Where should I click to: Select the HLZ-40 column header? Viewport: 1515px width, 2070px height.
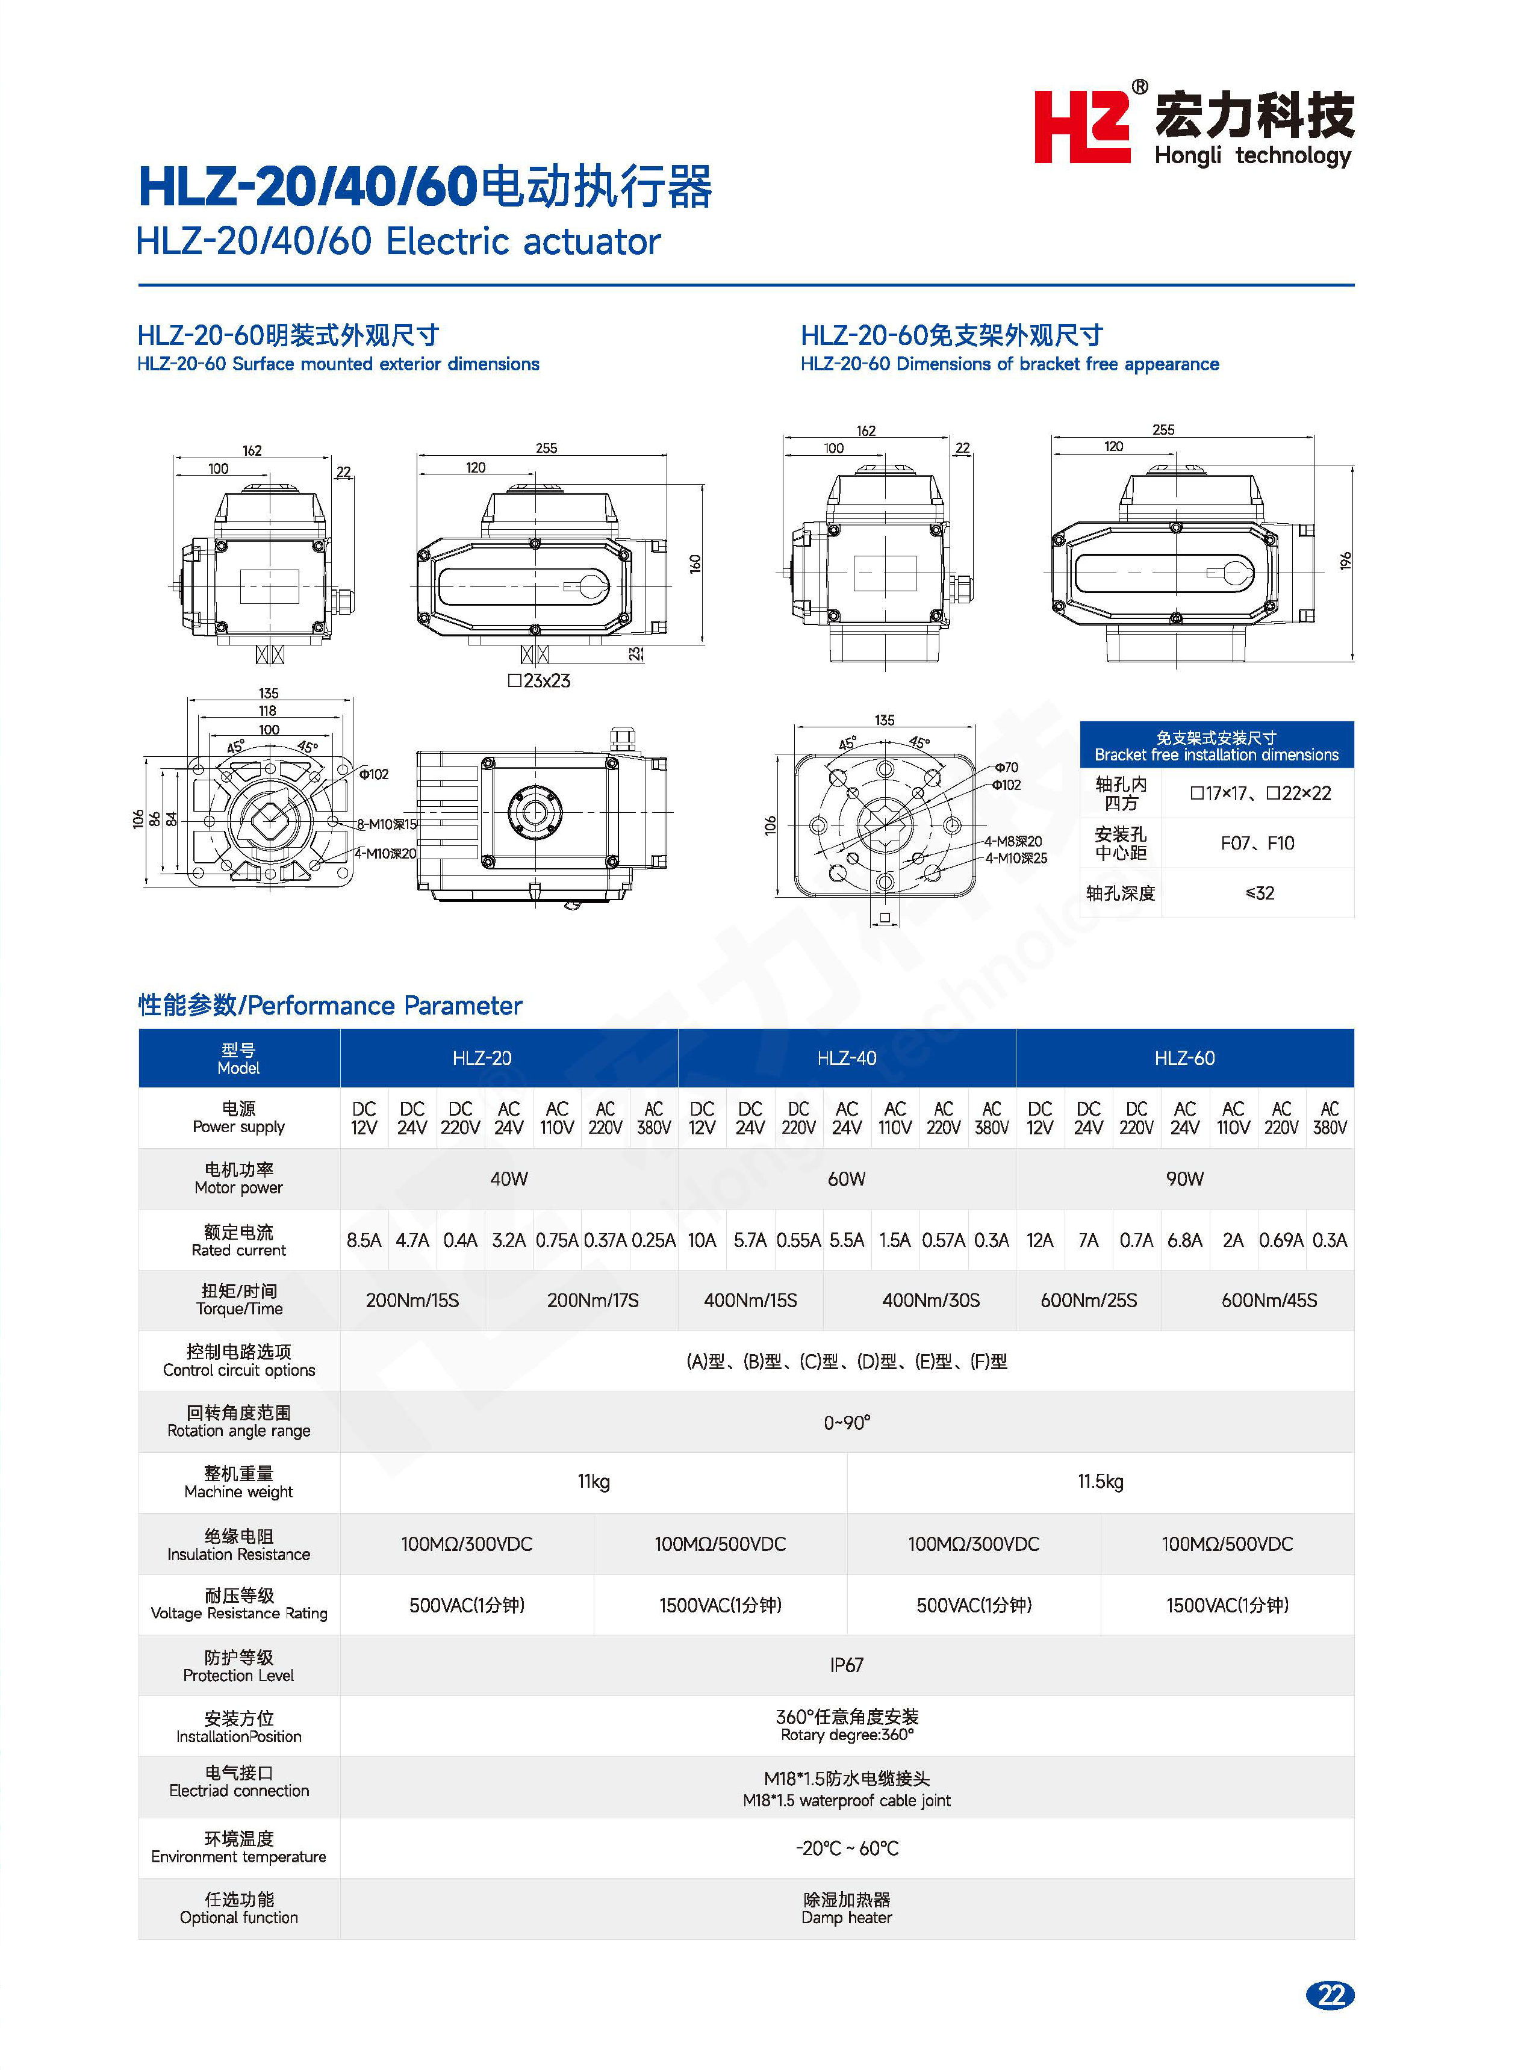(x=847, y=1058)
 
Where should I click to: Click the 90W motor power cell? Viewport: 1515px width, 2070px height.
(x=1184, y=1179)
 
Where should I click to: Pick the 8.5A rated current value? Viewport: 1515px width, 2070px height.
(x=364, y=1240)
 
